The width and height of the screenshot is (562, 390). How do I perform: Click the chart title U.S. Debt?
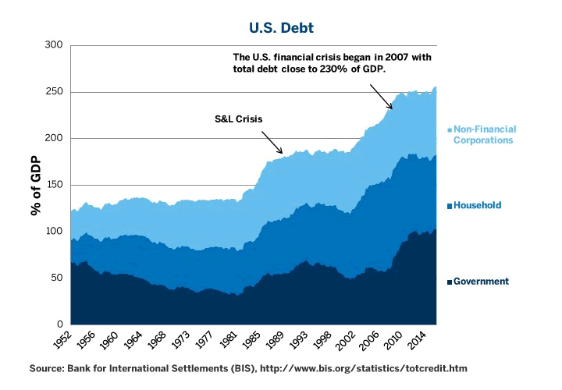pos(280,28)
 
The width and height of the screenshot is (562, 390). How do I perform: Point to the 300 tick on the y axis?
pos(52,45)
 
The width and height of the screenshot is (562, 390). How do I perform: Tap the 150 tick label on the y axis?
pos(52,185)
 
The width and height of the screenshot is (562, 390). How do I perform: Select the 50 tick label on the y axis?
pos(55,278)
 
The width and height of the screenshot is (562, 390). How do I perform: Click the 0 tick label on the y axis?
pos(59,324)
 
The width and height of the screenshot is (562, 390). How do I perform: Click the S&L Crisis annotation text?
pos(238,119)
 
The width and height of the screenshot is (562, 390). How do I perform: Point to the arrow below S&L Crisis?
pos(272,141)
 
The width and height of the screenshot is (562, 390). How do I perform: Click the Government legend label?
pos(481,282)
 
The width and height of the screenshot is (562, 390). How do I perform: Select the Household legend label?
pos(478,205)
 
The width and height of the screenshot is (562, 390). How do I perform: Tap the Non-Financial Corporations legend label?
pos(485,135)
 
